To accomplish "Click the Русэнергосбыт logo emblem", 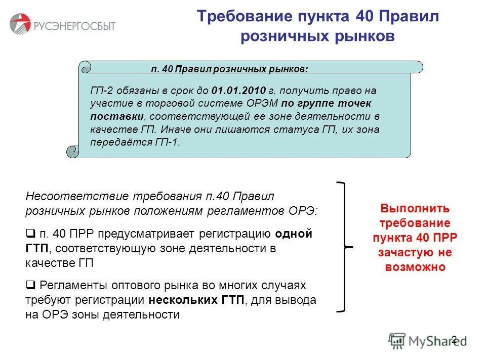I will coord(20,24).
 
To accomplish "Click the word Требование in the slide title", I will coord(241,16).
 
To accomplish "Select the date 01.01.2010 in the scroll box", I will coord(239,90).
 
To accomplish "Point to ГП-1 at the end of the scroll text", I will coord(167,142).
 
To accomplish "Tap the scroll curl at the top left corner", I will coord(85,67).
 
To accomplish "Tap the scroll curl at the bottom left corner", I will coord(72,150).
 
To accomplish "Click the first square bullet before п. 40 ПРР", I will coord(29,234).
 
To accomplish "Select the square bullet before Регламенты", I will coord(29,285).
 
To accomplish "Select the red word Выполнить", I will coord(415,208).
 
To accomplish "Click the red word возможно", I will coord(415,267).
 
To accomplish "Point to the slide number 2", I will coord(454,339).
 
